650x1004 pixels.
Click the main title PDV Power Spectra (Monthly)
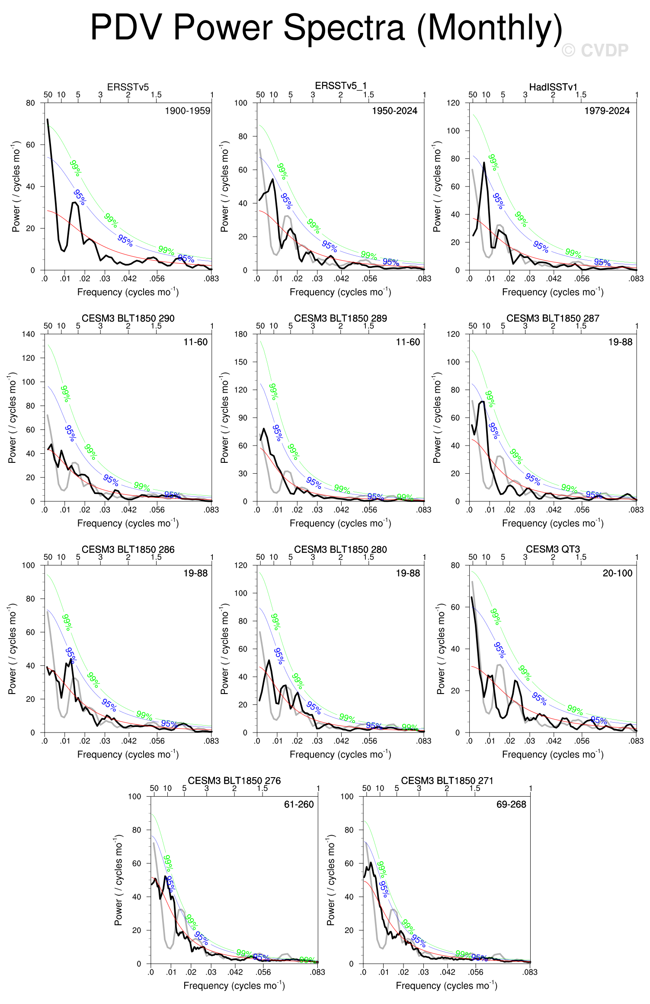(326, 28)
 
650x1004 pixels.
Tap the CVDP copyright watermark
(595, 51)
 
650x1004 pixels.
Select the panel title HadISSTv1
(553, 87)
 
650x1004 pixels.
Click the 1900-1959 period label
(187, 111)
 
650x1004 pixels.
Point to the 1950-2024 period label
(394, 111)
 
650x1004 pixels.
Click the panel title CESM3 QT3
(553, 549)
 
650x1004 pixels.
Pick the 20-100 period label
(617, 573)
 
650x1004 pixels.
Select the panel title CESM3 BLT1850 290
(128, 318)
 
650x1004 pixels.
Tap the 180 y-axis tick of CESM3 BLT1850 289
(240, 334)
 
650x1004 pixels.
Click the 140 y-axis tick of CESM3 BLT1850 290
(28, 334)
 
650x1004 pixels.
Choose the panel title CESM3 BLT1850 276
(234, 781)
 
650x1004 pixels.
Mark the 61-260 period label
(299, 804)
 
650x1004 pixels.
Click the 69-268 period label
(511, 804)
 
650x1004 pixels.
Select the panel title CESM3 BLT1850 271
(447, 781)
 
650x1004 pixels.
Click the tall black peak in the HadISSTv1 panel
(484, 163)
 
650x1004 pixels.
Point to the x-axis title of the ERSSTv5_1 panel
(340, 292)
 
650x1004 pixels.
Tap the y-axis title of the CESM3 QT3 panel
(440, 649)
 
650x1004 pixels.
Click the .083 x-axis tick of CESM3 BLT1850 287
(636, 510)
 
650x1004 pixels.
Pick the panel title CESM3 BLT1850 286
(128, 549)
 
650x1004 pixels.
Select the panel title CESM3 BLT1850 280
(340, 549)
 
